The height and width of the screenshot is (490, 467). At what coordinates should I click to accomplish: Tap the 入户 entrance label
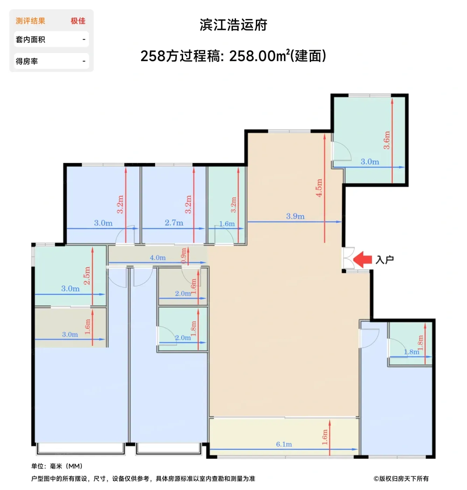384,260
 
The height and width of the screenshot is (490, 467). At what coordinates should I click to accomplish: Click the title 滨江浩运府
233,25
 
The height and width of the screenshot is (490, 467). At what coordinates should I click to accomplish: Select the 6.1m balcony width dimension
284,444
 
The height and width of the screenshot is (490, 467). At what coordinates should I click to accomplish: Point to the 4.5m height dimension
319,188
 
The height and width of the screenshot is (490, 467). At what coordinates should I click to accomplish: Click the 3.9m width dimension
295,216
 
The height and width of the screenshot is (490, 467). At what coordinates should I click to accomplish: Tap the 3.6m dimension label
386,140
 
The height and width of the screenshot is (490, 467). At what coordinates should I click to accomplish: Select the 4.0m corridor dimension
158,258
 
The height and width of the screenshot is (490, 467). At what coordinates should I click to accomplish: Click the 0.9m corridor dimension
183,256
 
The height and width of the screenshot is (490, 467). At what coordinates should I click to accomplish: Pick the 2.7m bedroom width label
174,223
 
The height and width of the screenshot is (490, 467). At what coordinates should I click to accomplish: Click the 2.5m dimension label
87,275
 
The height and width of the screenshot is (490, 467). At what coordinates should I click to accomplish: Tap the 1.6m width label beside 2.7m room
227,224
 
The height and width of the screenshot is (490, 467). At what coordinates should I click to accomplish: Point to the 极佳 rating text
78,21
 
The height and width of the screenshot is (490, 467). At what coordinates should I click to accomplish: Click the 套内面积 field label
30,40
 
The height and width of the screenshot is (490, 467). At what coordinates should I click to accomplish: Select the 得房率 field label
27,61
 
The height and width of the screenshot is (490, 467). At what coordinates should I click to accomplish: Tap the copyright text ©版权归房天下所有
401,478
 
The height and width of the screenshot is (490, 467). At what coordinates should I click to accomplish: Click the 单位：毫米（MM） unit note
57,466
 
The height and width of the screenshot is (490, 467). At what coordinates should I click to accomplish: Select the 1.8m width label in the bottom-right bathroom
412,352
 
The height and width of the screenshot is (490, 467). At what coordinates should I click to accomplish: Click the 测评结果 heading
30,21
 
